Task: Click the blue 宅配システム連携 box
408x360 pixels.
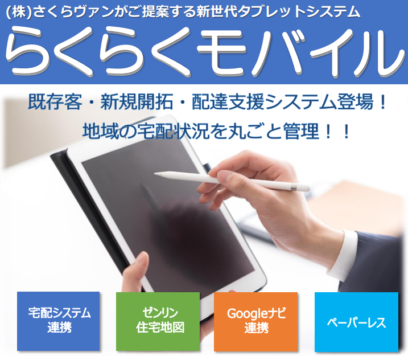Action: tap(58, 321)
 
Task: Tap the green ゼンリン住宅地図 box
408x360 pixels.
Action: tap(158, 321)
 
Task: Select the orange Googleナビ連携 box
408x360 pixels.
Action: tap(256, 321)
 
